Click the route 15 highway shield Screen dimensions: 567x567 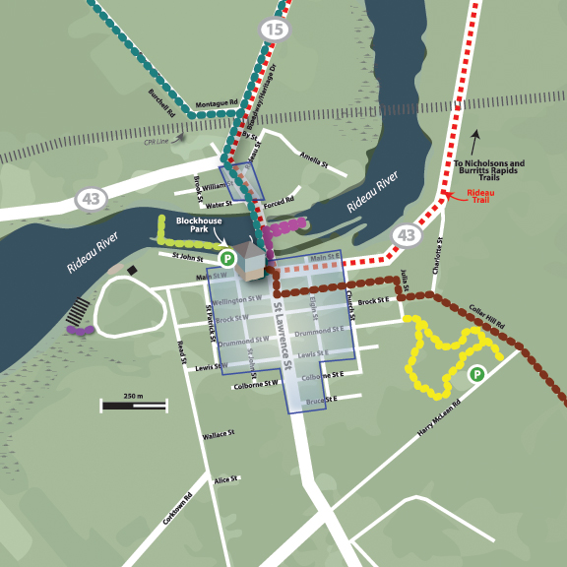[275, 31]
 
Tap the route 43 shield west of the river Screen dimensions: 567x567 [92, 200]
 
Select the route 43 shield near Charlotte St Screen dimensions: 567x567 [407, 235]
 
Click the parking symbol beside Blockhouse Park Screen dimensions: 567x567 [226, 259]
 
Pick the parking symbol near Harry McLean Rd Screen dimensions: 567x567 [476, 374]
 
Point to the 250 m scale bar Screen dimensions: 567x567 [134, 404]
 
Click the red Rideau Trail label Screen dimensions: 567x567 [480, 197]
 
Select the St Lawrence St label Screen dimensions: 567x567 [283, 338]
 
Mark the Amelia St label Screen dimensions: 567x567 [312, 160]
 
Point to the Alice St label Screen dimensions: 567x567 [227, 479]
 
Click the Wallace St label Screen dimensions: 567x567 [218, 434]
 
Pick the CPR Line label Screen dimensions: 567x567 [157, 141]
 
